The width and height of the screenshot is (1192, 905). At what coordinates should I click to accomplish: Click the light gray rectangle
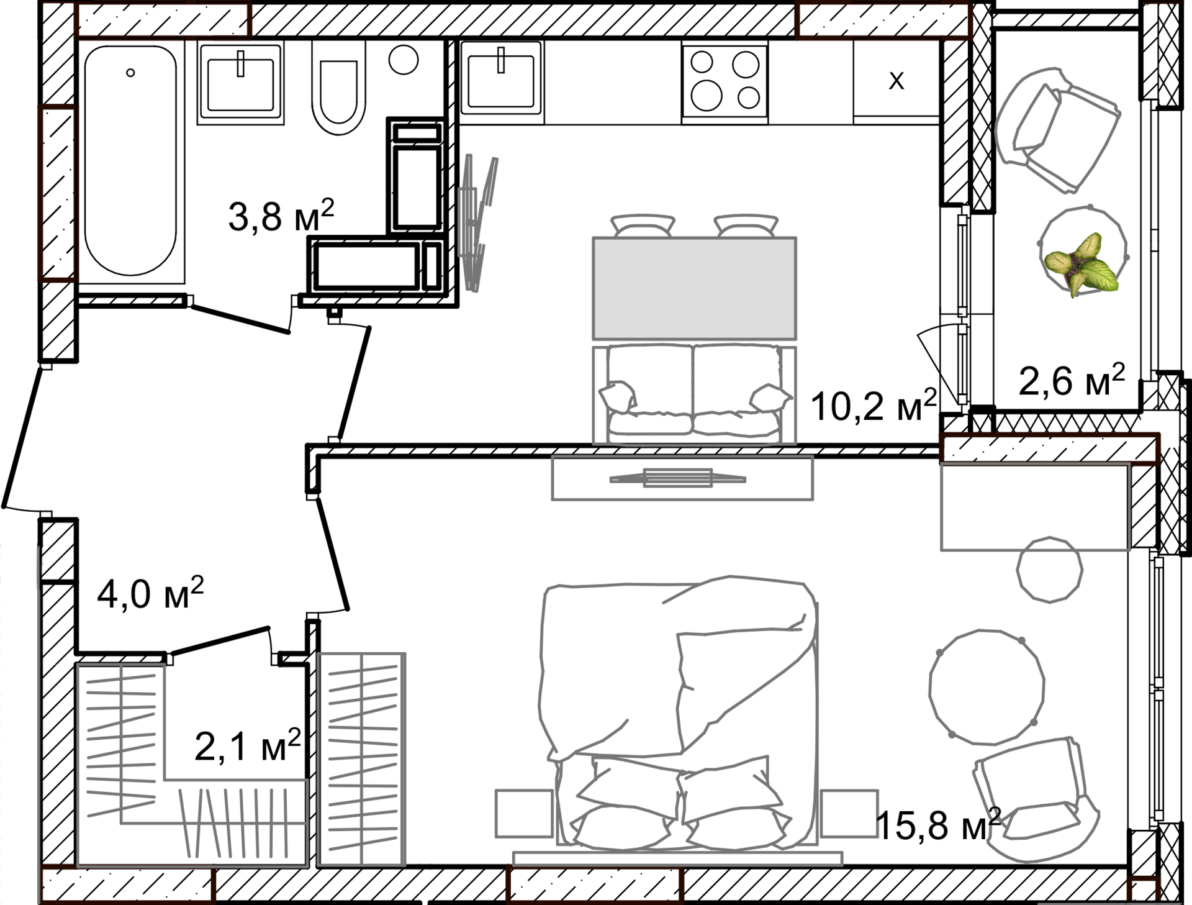[x=694, y=288]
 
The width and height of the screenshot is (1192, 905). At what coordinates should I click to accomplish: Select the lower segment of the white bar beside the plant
[x=964, y=363]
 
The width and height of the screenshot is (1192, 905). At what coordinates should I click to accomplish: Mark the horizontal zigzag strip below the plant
[x=1049, y=444]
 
